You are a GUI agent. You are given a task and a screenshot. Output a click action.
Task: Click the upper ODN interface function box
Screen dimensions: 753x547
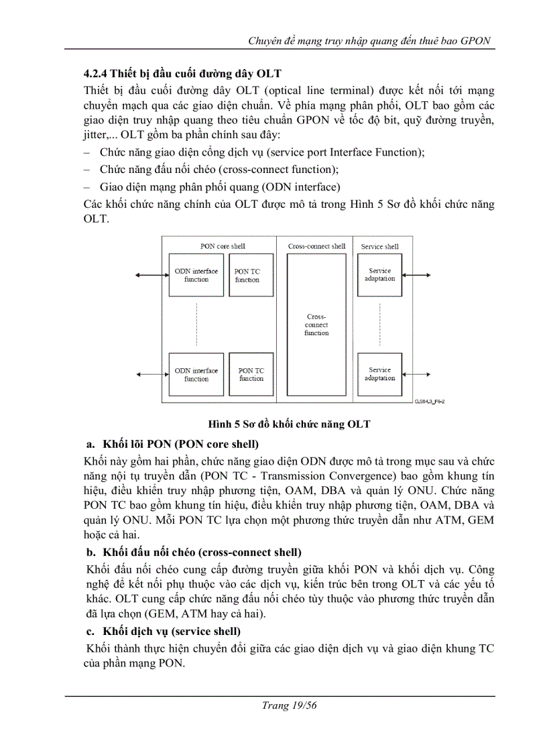point(196,275)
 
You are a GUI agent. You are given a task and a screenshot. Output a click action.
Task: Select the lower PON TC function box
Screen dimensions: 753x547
point(251,374)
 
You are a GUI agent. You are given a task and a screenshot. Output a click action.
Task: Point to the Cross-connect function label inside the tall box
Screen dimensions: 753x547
point(316,325)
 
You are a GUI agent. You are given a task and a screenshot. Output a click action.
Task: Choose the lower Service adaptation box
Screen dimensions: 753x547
point(379,373)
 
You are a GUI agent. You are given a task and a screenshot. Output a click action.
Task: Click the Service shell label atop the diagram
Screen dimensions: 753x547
point(379,246)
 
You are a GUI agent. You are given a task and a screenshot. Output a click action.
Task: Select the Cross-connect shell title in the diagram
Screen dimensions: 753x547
point(316,246)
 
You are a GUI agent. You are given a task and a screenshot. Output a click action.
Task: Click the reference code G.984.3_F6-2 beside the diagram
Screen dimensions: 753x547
point(430,401)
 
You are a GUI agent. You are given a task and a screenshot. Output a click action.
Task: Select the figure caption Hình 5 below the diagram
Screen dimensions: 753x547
point(289,424)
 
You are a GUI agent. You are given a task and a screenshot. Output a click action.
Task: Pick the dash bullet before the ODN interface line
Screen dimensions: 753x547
point(88,186)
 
